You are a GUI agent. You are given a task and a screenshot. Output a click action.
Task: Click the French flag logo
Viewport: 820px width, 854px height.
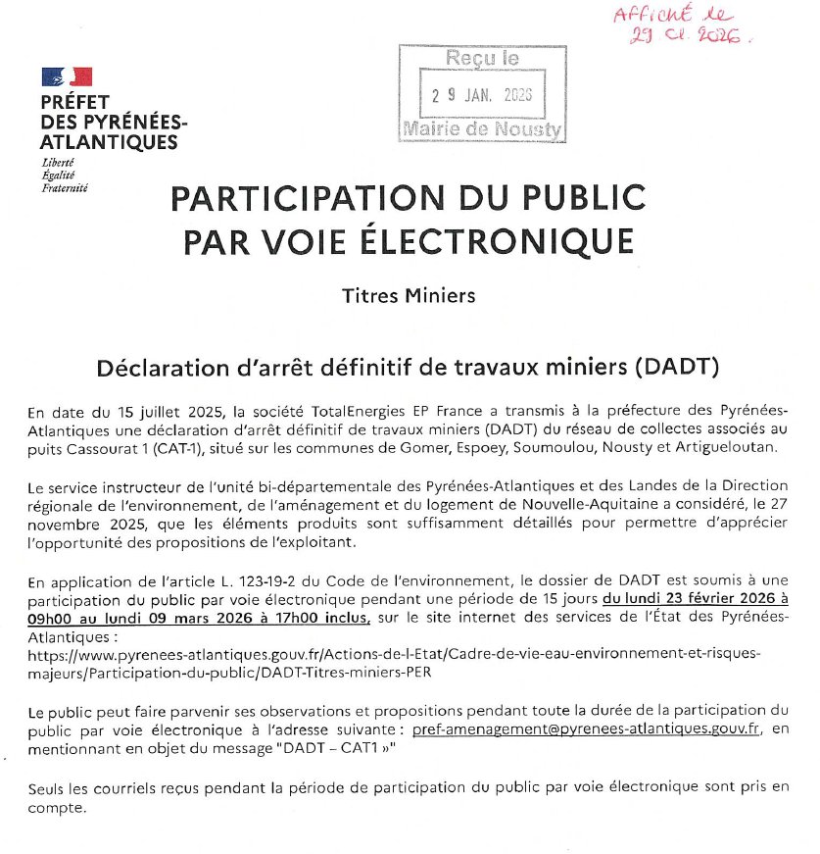67,76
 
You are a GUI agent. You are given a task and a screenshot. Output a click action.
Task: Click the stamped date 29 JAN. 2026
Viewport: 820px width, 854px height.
481,95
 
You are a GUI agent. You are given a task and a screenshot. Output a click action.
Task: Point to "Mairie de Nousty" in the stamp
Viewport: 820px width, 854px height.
482,129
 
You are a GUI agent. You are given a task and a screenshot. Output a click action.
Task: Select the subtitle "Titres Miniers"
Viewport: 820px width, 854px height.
409,295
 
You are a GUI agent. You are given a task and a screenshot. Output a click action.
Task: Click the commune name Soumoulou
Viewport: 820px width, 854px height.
561,447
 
